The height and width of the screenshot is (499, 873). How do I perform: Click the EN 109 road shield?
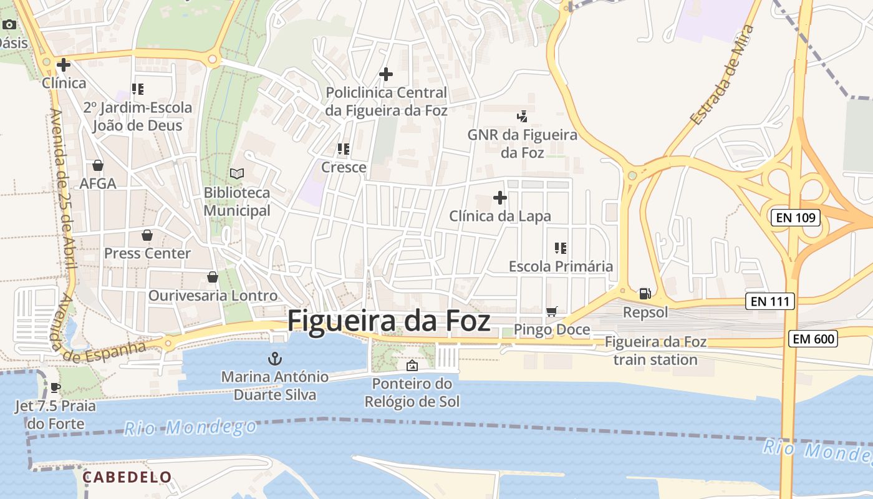[x=795, y=218]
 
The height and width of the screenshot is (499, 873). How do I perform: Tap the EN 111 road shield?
[x=770, y=302]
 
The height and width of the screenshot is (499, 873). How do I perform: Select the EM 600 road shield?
[x=813, y=339]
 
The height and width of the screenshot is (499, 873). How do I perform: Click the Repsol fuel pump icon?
[x=645, y=293]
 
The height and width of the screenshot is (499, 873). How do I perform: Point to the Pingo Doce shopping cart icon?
[x=551, y=311]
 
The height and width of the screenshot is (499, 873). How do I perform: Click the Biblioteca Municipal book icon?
[x=237, y=173]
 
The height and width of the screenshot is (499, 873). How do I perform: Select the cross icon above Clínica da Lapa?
[x=499, y=198]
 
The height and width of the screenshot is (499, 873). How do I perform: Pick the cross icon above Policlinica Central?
[x=386, y=74]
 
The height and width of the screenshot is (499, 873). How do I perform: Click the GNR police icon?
[x=522, y=115]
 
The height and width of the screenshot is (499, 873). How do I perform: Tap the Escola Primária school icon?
[x=560, y=248]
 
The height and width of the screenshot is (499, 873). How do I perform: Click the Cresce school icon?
[x=343, y=149]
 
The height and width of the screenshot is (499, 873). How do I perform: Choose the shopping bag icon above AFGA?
[x=98, y=165]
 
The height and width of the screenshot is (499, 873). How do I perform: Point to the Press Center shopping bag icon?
[x=147, y=235]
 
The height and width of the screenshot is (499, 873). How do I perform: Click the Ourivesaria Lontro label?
[x=213, y=295]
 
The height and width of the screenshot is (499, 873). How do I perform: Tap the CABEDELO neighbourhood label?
[x=127, y=477]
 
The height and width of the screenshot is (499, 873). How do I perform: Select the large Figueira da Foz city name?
[x=388, y=321]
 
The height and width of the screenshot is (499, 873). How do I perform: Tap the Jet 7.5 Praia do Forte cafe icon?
[x=55, y=387]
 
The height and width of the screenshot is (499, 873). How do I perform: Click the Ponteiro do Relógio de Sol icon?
[x=412, y=366]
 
